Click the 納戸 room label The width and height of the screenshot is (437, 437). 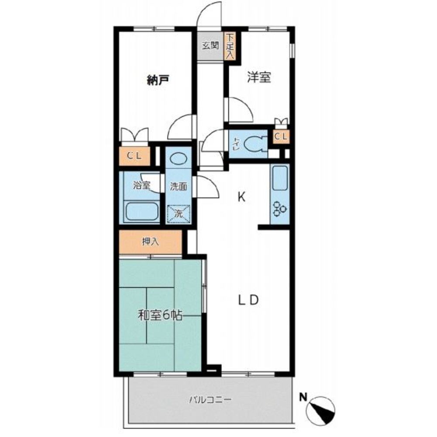click(x=158, y=80)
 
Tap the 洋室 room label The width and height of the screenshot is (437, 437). click(x=259, y=77)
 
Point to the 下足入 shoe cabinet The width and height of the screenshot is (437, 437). click(x=230, y=46)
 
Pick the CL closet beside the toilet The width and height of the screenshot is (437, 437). click(x=281, y=136)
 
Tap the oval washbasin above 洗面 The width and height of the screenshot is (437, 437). click(x=179, y=159)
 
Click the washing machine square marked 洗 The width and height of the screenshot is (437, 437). click(x=179, y=214)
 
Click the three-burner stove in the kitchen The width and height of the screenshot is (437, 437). click(x=280, y=208)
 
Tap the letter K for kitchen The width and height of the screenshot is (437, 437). click(x=241, y=197)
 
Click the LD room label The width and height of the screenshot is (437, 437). click(x=248, y=300)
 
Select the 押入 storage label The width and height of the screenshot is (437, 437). click(x=150, y=242)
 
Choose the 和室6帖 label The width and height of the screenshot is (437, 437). click(x=160, y=316)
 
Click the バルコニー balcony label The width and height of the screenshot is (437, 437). click(x=210, y=400)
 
